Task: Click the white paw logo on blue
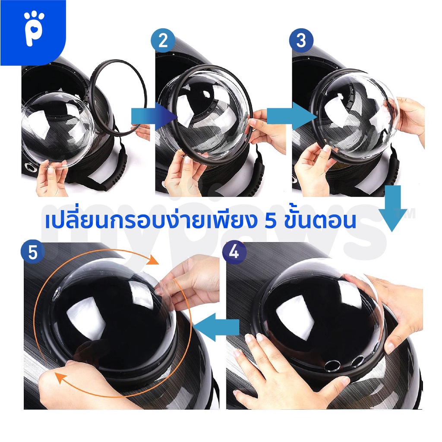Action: coord(34,29)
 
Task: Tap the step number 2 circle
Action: coord(163,40)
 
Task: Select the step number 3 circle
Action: coord(301,40)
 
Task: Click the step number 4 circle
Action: coord(234,252)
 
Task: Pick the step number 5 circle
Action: coord(33,252)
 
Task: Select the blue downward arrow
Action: coord(393,208)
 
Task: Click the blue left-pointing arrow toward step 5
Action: coord(216,327)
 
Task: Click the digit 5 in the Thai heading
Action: coord(271,221)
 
